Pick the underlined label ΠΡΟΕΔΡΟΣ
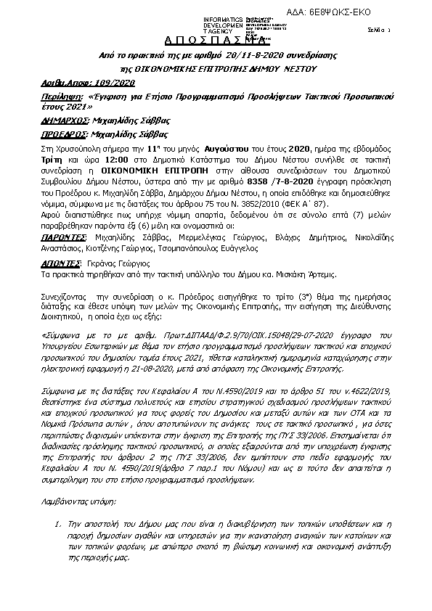point(64,134)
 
